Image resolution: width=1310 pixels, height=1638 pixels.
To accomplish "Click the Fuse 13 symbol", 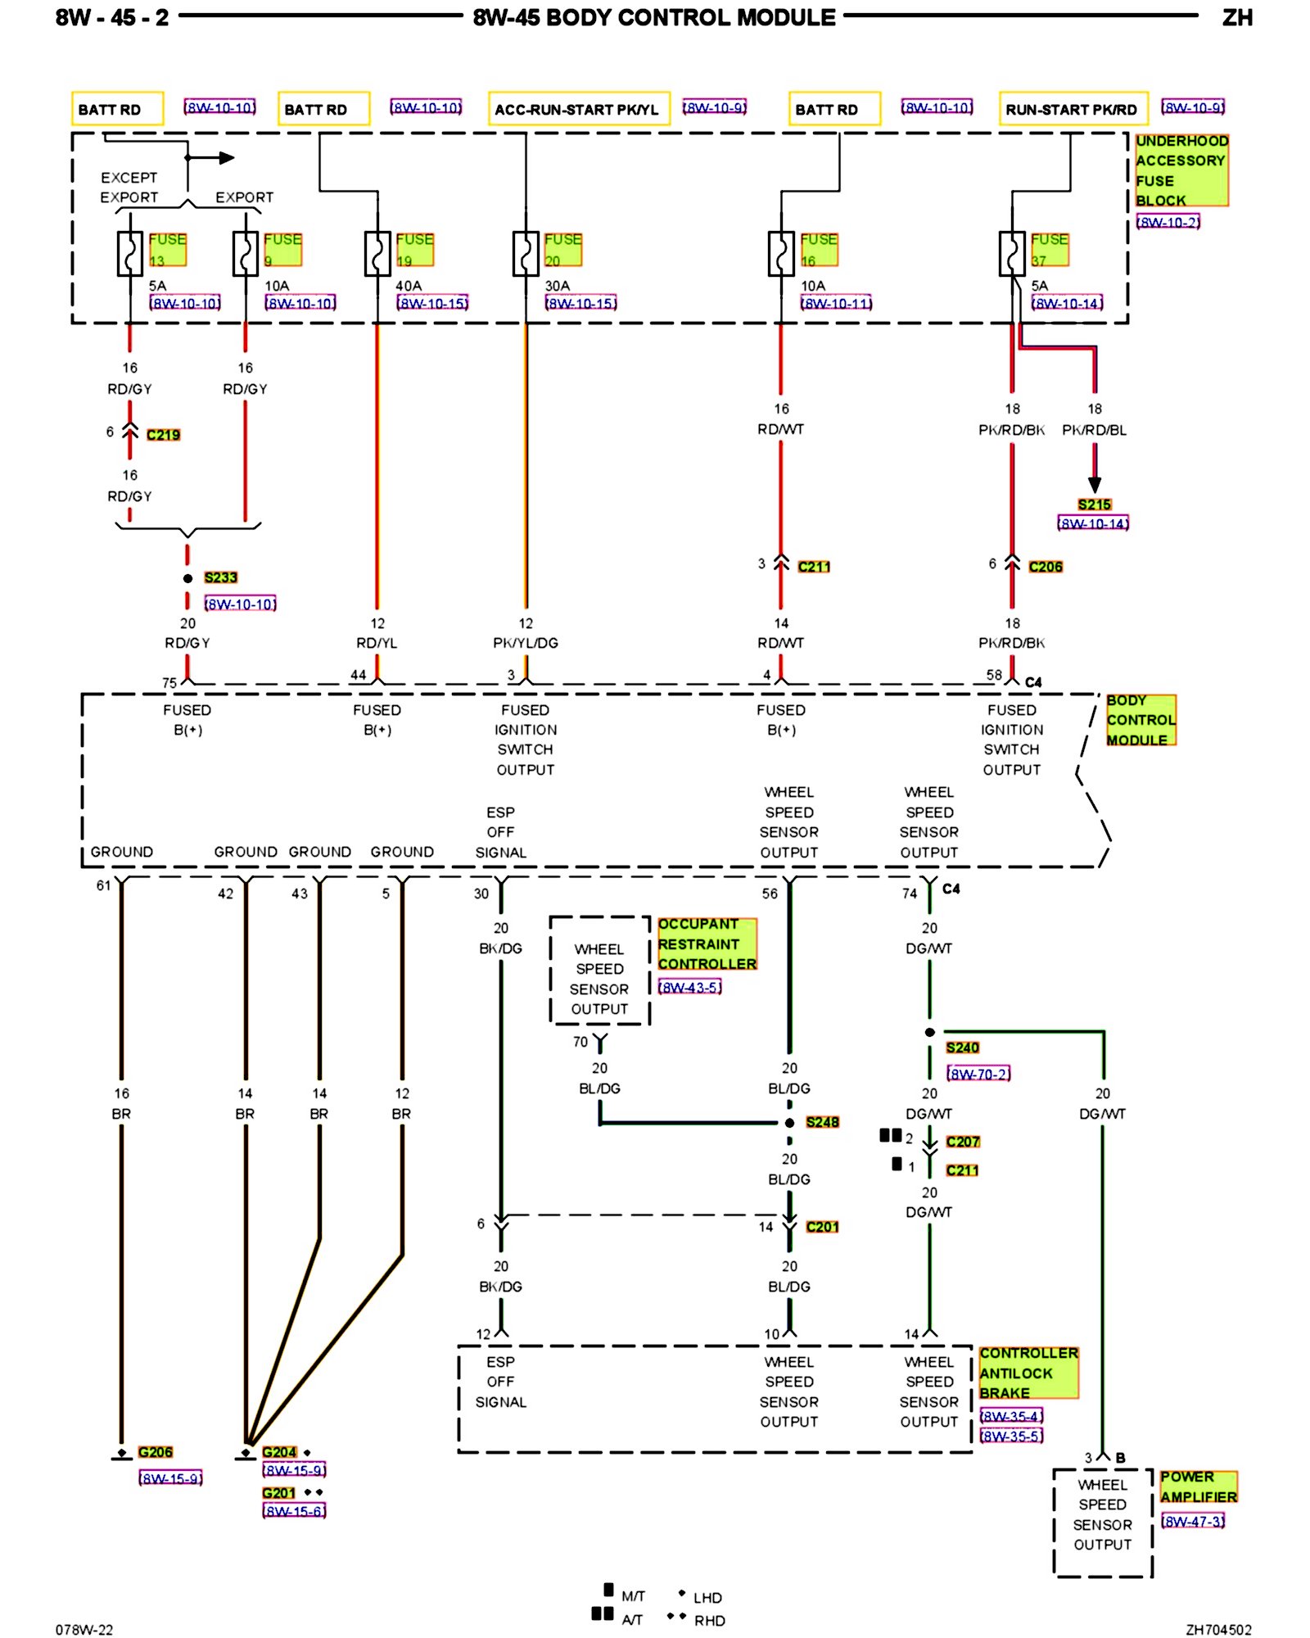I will pyautogui.click(x=130, y=254).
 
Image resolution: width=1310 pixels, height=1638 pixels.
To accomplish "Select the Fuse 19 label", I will pyautogui.click(x=414, y=249).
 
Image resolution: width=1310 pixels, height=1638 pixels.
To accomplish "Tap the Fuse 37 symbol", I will pyautogui.click(x=1012, y=254).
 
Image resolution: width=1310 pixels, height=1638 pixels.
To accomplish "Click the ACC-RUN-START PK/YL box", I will pyautogui.click(x=579, y=109).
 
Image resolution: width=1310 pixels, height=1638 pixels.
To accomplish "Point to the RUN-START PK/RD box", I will pyautogui.click(x=1073, y=109).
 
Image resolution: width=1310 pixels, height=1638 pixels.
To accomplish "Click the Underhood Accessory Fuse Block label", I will pyautogui.click(x=1181, y=170).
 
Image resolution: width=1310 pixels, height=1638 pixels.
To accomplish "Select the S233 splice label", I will pyautogui.click(x=220, y=577).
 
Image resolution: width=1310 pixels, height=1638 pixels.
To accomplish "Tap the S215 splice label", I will pyautogui.click(x=1094, y=505).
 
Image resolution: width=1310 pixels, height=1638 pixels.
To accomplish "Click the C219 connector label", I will pyautogui.click(x=163, y=435).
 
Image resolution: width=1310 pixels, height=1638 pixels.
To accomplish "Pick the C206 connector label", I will pyautogui.click(x=1046, y=567).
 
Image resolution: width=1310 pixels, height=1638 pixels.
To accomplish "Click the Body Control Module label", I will pyautogui.click(x=1141, y=720).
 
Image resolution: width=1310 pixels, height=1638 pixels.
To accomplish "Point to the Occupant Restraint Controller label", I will pyautogui.click(x=707, y=943).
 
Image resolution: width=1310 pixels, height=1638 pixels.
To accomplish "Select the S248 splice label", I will pyautogui.click(x=822, y=1122).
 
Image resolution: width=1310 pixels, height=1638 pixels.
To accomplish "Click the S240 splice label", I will pyautogui.click(x=962, y=1048).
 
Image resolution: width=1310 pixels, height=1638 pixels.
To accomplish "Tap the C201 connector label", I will pyautogui.click(x=822, y=1227).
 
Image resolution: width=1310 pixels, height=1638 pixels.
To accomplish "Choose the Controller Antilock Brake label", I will pyautogui.click(x=1028, y=1373).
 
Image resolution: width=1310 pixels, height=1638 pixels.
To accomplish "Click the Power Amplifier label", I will pyautogui.click(x=1198, y=1486).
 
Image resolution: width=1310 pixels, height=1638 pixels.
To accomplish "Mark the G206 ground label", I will pyautogui.click(x=155, y=1452).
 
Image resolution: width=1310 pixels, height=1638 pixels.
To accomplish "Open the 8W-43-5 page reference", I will pyautogui.click(x=690, y=988).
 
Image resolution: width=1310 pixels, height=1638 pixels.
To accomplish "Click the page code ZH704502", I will pyautogui.click(x=1218, y=1630).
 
